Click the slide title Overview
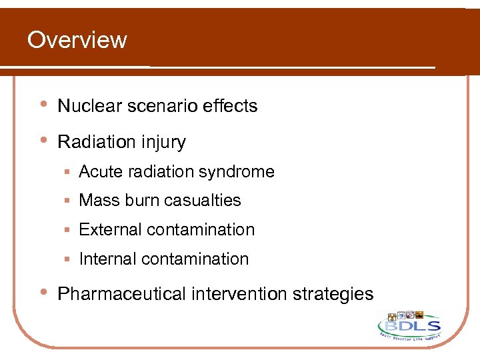pyautogui.click(x=77, y=40)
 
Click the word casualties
pyautogui.click(x=199, y=201)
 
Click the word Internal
pyautogui.click(x=107, y=259)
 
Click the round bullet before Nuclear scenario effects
pyautogui.click(x=43, y=105)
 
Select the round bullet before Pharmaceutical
pyautogui.click(x=43, y=293)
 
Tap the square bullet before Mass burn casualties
pyautogui.click(x=68, y=201)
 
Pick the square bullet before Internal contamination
pyautogui.click(x=68, y=259)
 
